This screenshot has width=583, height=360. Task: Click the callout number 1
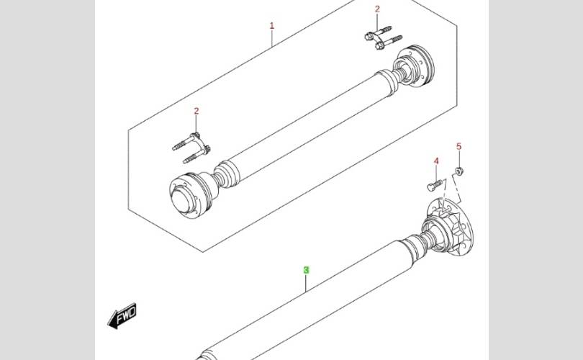(272, 26)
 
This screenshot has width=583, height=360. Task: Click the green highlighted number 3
(306, 270)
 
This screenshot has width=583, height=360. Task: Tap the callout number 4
(436, 161)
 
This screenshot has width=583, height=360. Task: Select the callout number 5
(458, 147)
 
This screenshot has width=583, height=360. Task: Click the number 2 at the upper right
(377, 9)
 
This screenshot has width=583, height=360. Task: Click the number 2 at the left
(196, 111)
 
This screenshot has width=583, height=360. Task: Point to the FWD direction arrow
(122, 316)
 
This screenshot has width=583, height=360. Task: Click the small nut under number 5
(458, 171)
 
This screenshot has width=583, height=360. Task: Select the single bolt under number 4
(435, 185)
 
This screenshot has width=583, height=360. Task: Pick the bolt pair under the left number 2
(193, 148)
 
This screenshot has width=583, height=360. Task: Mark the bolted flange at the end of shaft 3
(448, 228)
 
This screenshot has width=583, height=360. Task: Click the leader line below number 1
(272, 39)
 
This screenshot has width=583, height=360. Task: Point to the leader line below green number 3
(306, 284)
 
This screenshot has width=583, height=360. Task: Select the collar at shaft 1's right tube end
(387, 82)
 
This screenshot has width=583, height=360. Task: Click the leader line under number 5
(459, 159)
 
